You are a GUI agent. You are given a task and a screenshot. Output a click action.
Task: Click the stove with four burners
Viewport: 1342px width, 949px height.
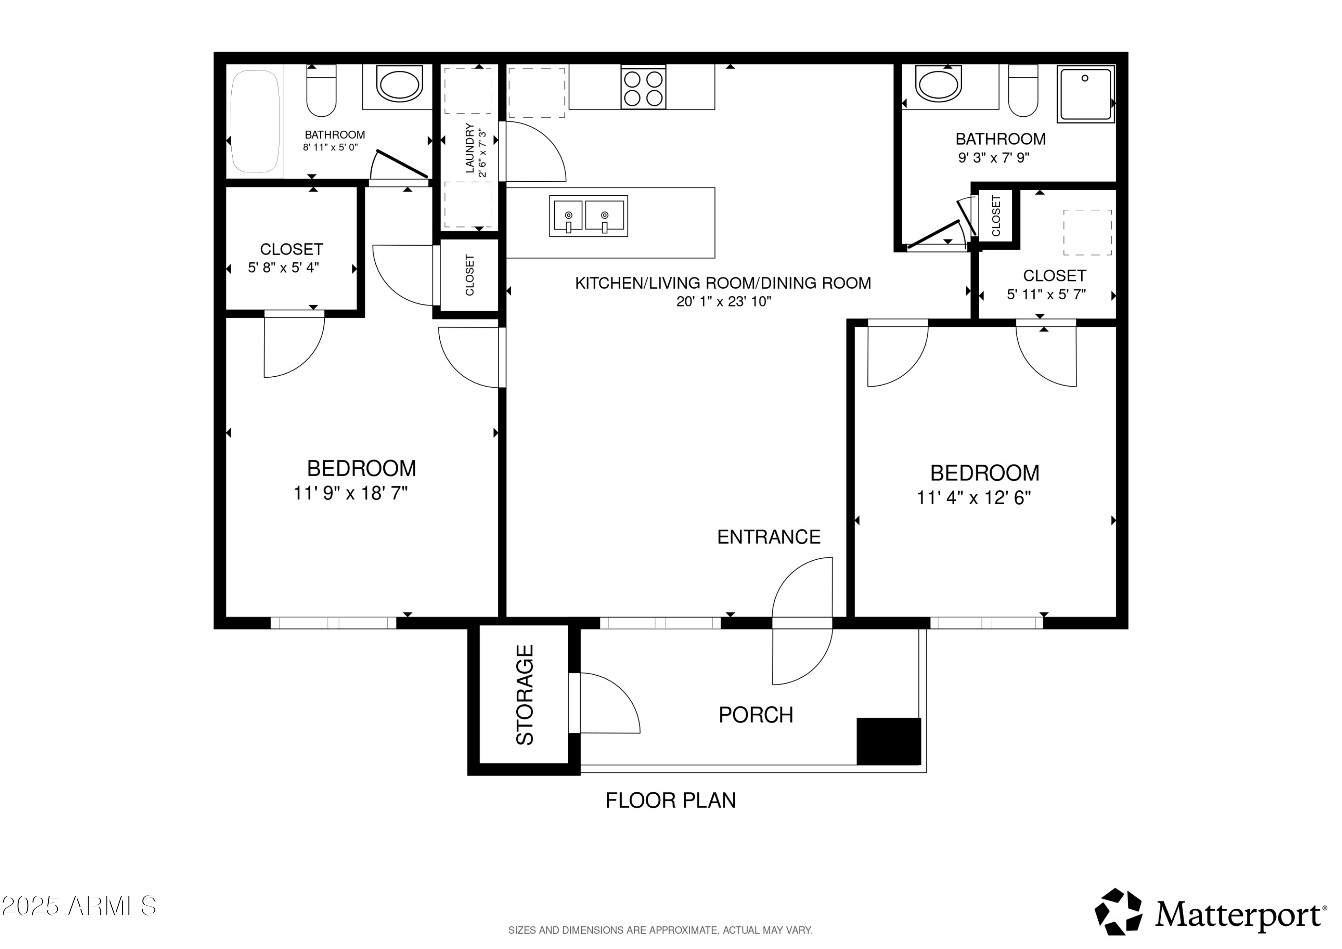pyautogui.click(x=643, y=88)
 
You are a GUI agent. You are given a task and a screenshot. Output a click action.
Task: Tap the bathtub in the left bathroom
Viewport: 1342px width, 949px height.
pyautogui.click(x=255, y=122)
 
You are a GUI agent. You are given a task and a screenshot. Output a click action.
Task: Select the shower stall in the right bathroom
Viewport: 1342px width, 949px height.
pyautogui.click(x=1085, y=94)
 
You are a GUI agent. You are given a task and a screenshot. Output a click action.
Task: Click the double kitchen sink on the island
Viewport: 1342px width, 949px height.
pyautogui.click(x=588, y=216)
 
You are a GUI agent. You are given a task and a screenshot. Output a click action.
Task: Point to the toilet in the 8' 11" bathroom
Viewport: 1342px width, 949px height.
pyautogui.click(x=322, y=91)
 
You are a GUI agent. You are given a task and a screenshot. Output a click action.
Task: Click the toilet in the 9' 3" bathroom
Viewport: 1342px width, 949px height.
pyautogui.click(x=1023, y=91)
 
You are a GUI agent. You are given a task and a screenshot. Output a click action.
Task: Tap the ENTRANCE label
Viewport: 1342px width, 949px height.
pyautogui.click(x=769, y=537)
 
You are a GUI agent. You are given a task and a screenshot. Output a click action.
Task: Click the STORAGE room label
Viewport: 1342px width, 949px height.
pyautogui.click(x=525, y=695)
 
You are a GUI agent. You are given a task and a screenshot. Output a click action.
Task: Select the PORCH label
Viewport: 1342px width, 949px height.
pyautogui.click(x=756, y=715)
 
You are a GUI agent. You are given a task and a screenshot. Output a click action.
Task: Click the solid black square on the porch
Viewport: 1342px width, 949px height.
pyautogui.click(x=888, y=741)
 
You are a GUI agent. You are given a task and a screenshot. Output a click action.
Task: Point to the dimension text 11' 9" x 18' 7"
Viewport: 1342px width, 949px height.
pyautogui.click(x=350, y=494)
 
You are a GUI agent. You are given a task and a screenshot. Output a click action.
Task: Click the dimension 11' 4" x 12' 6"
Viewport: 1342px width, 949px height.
pyautogui.click(x=973, y=498)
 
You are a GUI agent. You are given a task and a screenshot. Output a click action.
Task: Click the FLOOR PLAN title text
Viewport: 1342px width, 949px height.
pyautogui.click(x=671, y=800)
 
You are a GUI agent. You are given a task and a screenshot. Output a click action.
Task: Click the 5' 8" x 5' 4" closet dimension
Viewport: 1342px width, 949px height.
pyautogui.click(x=284, y=268)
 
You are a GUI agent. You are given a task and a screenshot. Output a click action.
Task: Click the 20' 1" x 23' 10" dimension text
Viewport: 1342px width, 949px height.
pyautogui.click(x=724, y=302)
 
